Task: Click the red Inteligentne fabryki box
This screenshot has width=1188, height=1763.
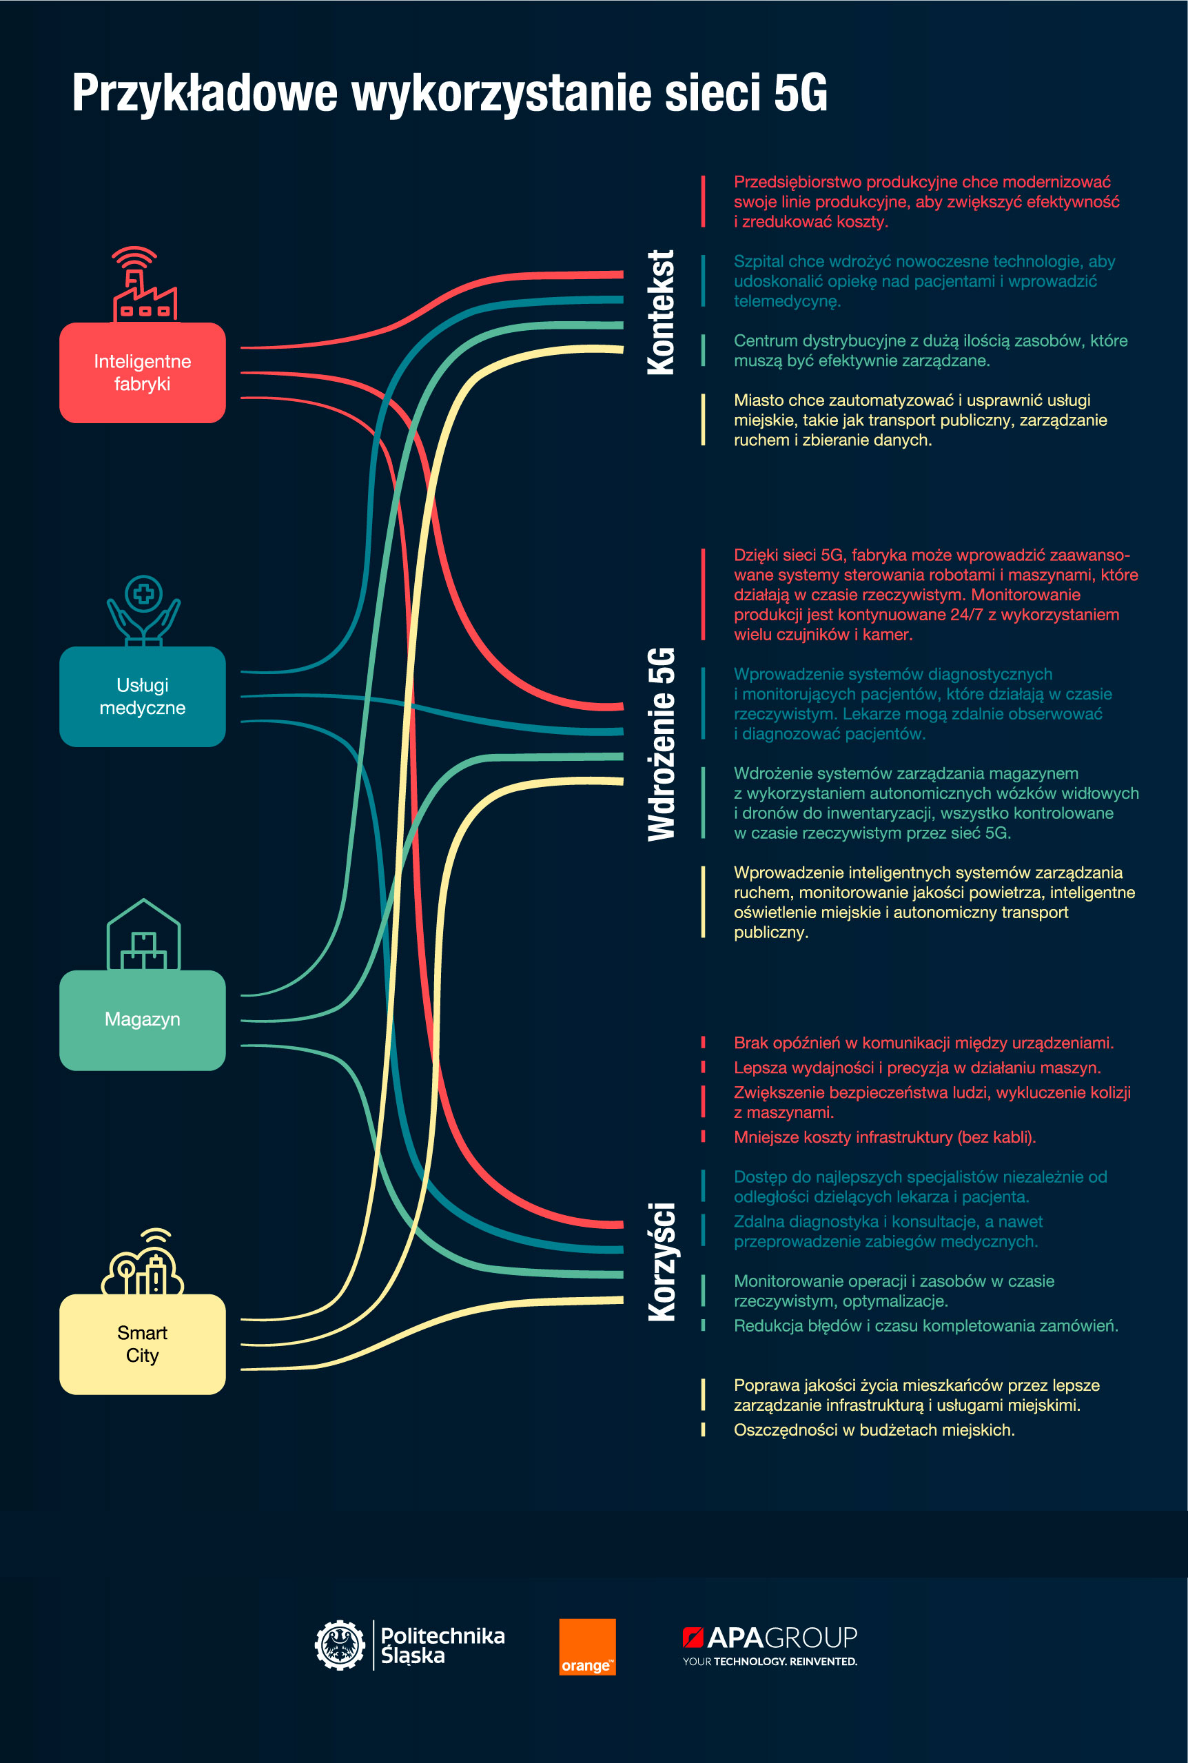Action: pos(143,372)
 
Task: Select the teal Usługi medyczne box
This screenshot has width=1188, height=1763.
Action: pos(143,696)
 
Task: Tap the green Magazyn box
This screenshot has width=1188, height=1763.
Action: pos(143,1020)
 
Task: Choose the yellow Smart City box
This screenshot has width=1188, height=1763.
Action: pos(143,1344)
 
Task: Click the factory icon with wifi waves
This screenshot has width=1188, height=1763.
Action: pos(144,283)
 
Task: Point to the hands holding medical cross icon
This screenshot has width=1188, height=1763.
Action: pos(144,611)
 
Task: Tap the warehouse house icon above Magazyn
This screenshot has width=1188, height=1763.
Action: pos(144,934)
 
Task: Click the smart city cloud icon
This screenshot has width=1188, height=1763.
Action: pos(143,1261)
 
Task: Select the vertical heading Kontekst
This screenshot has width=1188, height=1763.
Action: pos(661,312)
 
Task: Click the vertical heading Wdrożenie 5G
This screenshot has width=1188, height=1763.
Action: pos(661,744)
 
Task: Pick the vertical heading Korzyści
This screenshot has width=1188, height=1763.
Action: pos(662,1261)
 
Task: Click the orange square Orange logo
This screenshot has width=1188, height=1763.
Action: pos(587,1647)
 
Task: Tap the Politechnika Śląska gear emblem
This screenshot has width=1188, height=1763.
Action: pos(340,1645)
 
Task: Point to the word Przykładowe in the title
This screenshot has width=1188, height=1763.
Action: pos(205,94)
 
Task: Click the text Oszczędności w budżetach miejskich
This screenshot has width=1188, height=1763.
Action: pos(874,1429)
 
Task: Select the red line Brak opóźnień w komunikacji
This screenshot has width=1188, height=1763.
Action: pos(923,1043)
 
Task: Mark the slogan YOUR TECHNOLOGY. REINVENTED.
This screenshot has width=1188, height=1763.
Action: pos(770,1662)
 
